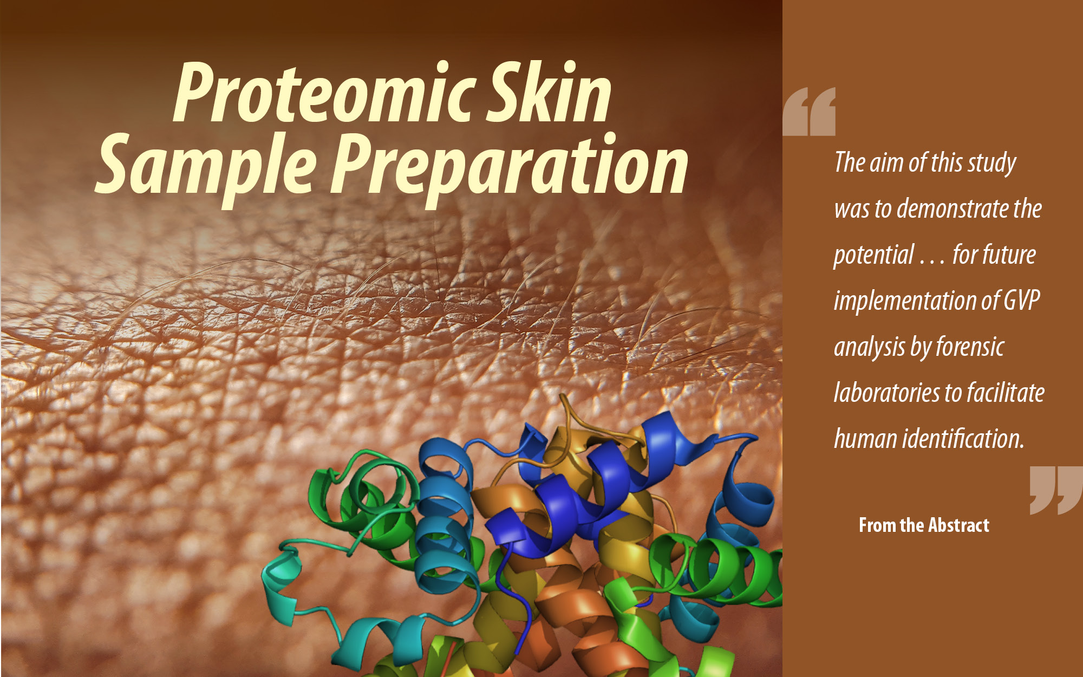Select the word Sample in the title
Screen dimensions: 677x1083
tap(206, 165)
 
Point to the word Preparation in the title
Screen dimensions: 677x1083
tap(509, 165)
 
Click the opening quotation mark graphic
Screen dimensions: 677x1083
tap(809, 112)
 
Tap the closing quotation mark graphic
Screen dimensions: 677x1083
tap(1055, 490)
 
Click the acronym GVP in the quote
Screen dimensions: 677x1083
tap(1022, 301)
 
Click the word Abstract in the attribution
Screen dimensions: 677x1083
tap(958, 525)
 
